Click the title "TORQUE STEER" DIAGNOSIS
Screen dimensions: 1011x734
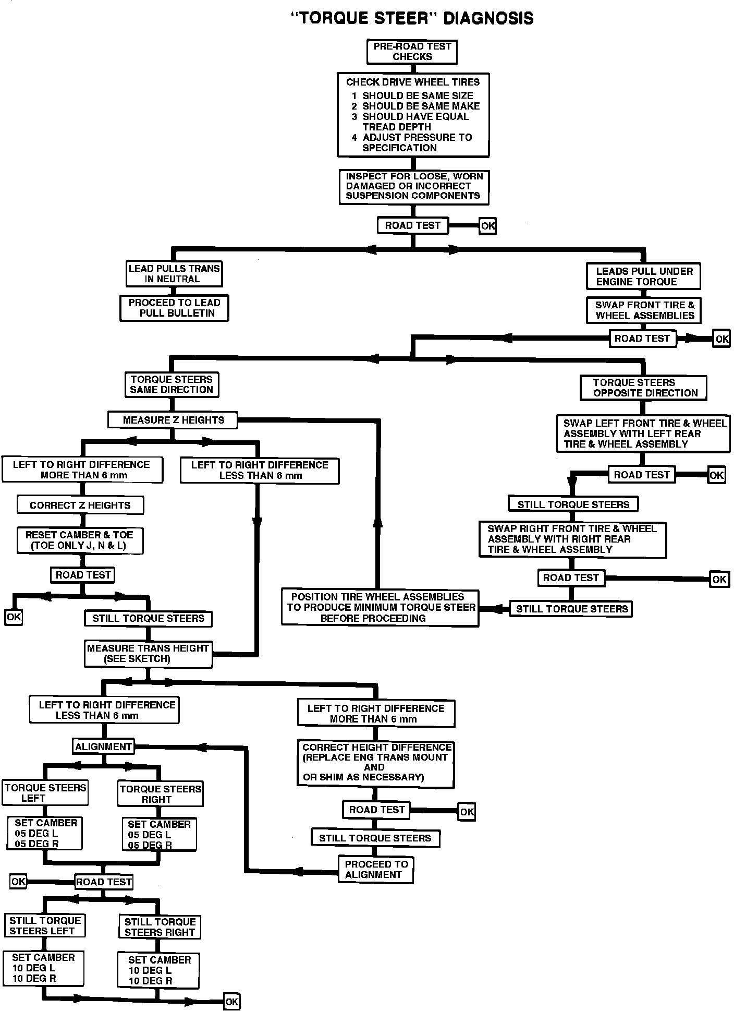coord(412,18)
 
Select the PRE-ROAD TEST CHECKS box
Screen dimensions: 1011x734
coord(412,52)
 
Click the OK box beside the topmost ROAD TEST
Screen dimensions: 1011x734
coord(487,226)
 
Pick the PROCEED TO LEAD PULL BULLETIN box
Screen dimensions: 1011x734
coord(174,308)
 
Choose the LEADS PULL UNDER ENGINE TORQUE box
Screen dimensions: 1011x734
coord(643,276)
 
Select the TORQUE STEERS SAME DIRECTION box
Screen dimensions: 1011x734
coord(172,384)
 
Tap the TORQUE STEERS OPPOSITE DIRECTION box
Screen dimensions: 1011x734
coord(643,388)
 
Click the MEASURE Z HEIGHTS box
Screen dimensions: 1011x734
coord(173,420)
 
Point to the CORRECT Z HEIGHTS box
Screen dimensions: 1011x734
coord(80,505)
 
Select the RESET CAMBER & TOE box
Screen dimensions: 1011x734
coord(79,540)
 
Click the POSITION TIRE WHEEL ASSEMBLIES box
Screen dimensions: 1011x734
coord(380,608)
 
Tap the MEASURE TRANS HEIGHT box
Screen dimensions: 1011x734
coord(148,654)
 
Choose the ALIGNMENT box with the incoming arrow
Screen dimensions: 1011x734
coord(103,747)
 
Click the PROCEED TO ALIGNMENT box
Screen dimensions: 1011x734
coord(375,870)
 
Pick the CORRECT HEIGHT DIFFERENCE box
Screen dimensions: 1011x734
coord(375,762)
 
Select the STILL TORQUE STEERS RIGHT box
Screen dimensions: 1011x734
coord(160,927)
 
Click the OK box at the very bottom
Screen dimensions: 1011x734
coord(231,1002)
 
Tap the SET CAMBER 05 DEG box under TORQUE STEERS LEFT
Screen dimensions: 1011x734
coord(45,833)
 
